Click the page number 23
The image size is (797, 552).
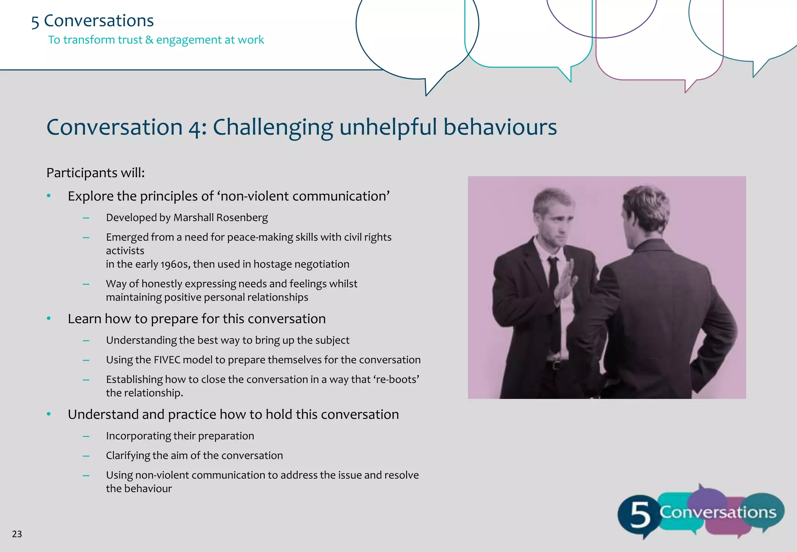tap(17, 534)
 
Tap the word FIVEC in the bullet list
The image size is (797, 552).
tap(167, 360)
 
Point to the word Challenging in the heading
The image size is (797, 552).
tap(273, 128)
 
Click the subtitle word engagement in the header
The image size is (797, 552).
tap(189, 40)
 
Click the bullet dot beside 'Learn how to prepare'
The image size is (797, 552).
tap(49, 318)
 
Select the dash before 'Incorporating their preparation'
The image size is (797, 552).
tap(86, 436)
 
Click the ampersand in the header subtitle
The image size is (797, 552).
tap(149, 40)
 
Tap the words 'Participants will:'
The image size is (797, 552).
tap(95, 173)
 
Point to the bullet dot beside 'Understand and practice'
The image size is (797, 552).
tap(49, 414)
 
